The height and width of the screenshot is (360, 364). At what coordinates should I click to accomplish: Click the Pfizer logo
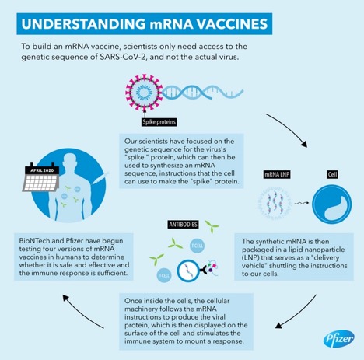point(339,338)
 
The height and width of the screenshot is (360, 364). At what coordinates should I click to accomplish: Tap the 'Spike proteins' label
point(159,122)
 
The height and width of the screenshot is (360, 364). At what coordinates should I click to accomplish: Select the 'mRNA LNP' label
point(277,175)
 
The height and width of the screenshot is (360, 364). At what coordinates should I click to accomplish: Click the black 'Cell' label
point(332,174)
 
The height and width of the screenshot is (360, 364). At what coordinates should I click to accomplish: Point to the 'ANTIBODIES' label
point(184,225)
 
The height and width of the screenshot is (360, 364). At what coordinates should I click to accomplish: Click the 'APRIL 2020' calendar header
point(42,170)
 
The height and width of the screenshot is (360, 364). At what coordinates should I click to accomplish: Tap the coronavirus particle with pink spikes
point(144,92)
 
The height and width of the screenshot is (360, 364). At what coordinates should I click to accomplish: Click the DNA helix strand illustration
point(203,93)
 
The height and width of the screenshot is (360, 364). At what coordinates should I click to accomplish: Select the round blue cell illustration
point(332,204)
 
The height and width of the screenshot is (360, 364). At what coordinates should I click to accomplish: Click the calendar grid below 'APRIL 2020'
point(41,183)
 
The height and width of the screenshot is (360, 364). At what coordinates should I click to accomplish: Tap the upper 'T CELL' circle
point(197,246)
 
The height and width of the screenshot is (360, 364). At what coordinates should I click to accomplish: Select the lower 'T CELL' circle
point(164,275)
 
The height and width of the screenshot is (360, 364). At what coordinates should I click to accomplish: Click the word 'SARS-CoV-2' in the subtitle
point(124,57)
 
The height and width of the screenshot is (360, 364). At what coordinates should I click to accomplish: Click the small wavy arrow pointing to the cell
point(302,203)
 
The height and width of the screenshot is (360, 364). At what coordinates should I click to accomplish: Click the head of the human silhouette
point(70,162)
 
